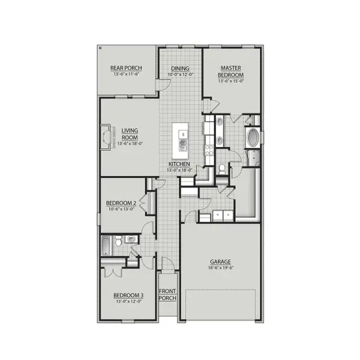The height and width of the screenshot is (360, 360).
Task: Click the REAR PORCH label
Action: pyautogui.click(x=125, y=68)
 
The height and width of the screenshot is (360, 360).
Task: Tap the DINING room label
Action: pyautogui.click(x=180, y=68)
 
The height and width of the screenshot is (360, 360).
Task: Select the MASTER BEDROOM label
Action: pyautogui.click(x=231, y=71)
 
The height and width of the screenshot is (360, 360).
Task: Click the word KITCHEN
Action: pyautogui.click(x=179, y=164)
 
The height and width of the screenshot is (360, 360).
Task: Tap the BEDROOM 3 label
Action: pyautogui.click(x=128, y=295)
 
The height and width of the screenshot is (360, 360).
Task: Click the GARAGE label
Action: pyautogui.click(x=220, y=262)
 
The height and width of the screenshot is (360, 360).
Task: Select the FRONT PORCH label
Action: pyautogui.click(x=167, y=295)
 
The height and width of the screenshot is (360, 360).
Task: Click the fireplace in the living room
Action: pyautogui.click(x=106, y=137)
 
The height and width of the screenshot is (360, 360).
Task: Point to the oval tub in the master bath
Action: pyautogui.click(x=253, y=137)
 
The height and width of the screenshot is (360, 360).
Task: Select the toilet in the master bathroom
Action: pyautogui.click(x=221, y=170)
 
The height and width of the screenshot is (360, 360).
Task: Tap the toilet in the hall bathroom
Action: pyautogui.click(x=118, y=241)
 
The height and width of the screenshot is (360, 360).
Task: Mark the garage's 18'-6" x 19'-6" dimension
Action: pyautogui.click(x=220, y=268)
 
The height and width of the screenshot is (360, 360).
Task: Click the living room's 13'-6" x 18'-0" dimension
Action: pyautogui.click(x=130, y=143)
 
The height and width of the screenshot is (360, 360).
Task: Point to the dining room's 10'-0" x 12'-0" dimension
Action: pyautogui.click(x=180, y=75)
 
